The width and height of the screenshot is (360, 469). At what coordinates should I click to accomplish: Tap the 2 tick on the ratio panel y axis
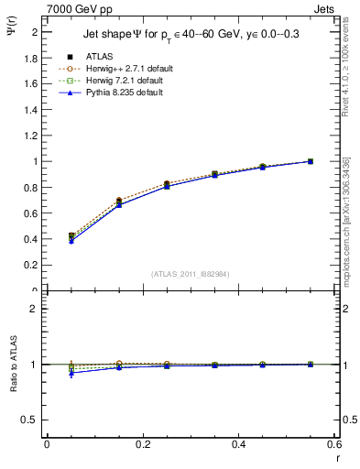click(36, 309)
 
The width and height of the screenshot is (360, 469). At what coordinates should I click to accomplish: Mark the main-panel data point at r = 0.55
click(311, 161)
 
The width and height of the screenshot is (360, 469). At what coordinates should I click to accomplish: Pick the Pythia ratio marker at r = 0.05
click(71, 373)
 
